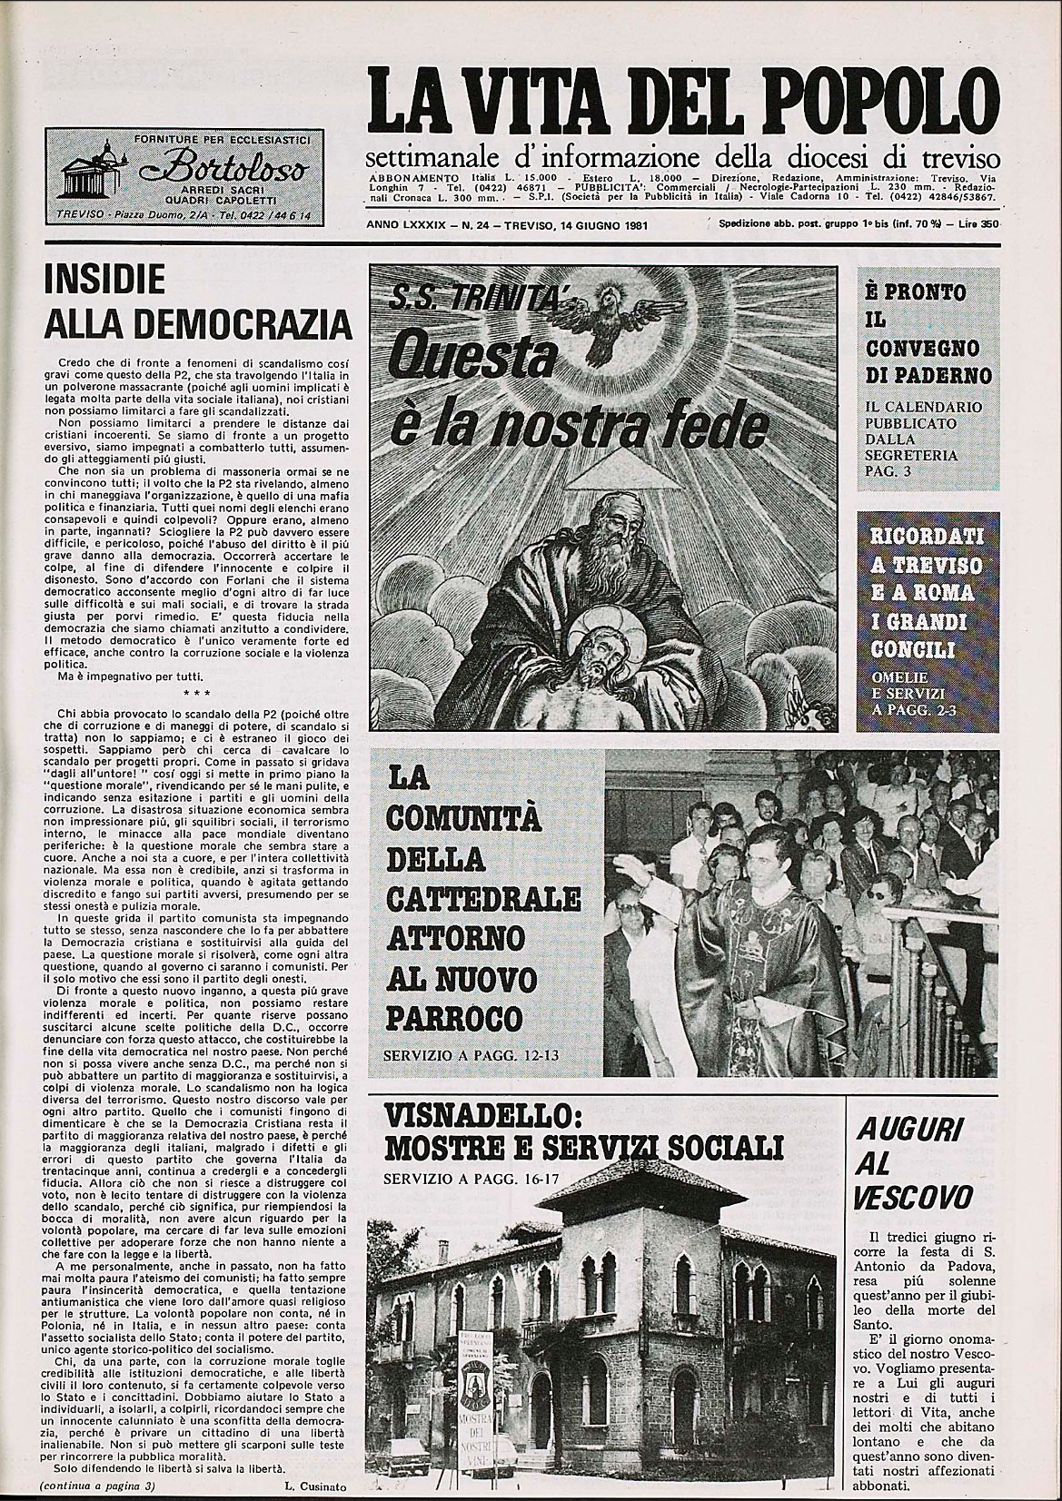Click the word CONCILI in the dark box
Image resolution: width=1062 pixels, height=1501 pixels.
pos(911,649)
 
